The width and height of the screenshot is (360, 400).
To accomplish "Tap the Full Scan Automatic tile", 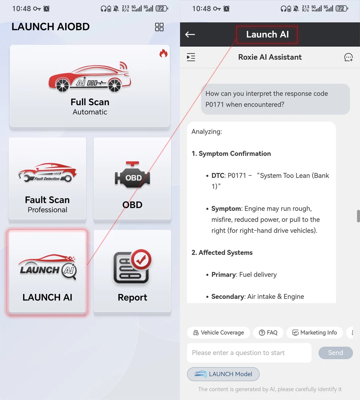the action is (90, 86).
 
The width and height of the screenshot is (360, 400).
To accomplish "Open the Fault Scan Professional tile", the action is (48, 178).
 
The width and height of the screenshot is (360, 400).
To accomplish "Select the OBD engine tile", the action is (132, 178).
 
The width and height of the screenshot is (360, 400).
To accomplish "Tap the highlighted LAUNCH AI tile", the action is (48, 272).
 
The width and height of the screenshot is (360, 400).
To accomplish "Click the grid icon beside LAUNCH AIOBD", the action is (159, 27).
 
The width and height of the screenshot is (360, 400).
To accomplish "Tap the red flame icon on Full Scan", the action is (163, 53).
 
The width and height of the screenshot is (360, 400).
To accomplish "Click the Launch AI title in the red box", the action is (267, 34).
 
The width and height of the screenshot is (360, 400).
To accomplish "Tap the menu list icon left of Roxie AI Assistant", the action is (191, 57).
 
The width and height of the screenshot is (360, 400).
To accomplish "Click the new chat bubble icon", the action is (348, 57).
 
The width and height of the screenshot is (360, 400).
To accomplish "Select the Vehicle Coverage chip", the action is (218, 333).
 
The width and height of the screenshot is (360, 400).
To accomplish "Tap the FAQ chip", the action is (268, 333).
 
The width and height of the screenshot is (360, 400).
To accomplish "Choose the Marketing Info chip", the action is (314, 333).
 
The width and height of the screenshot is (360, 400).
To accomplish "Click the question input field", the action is (249, 353).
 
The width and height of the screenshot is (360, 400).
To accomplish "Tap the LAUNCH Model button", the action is (223, 374).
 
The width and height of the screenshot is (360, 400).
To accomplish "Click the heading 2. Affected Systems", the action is (222, 252).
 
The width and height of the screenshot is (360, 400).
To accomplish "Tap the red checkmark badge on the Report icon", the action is (141, 260).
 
